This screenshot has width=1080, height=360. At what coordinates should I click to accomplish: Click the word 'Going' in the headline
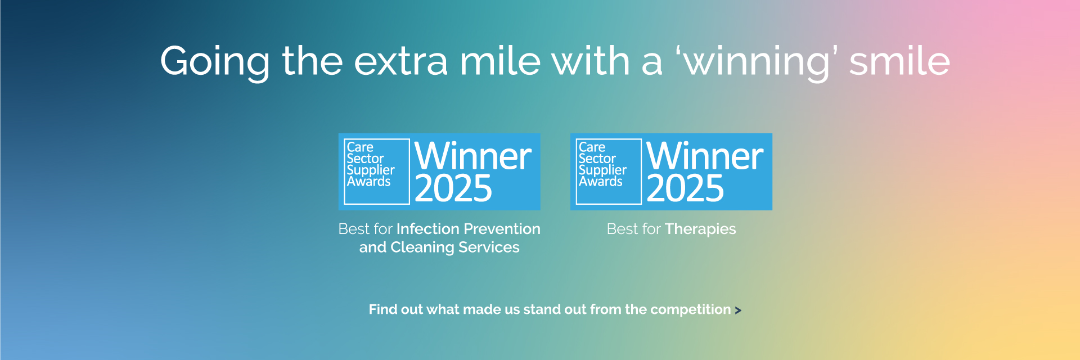(215, 62)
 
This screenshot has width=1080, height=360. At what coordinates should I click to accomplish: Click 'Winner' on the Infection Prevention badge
(473, 156)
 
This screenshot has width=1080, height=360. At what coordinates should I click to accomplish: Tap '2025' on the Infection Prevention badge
(453, 188)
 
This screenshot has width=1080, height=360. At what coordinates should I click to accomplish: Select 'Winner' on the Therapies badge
(705, 156)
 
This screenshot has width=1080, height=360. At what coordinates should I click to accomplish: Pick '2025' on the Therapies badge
(685, 188)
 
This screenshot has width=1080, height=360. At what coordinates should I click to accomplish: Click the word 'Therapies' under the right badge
(700, 229)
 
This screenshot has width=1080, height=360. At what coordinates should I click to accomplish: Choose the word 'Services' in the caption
(489, 247)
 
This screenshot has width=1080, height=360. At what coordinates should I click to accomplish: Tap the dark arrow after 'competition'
(738, 310)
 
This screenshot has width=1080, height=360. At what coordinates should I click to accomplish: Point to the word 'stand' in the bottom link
(540, 309)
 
